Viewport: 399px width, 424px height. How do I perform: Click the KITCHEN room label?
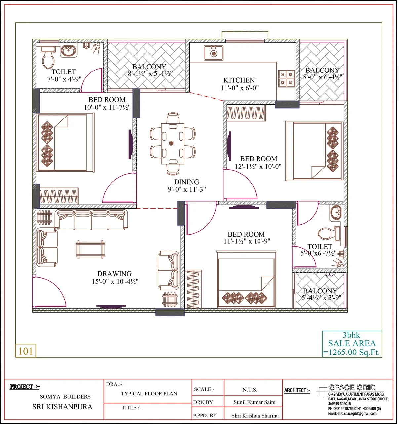pyautogui.click(x=239, y=80)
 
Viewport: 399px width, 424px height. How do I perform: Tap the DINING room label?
pyautogui.click(x=186, y=182)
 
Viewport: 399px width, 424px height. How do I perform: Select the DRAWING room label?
pyautogui.click(x=114, y=274)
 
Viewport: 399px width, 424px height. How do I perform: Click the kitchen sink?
pyautogui.click(x=214, y=53)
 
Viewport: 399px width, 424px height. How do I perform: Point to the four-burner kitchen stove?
pyautogui.click(x=286, y=78)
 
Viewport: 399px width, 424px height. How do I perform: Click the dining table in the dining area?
pyautogui.click(x=173, y=143)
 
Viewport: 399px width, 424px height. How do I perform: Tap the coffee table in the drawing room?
pyautogui.click(x=91, y=249)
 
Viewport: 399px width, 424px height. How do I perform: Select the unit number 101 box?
pyautogui.click(x=25, y=351)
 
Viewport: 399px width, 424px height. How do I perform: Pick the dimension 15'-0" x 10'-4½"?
pyautogui.click(x=115, y=282)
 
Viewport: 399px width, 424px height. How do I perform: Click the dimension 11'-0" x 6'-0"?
pyautogui.click(x=240, y=88)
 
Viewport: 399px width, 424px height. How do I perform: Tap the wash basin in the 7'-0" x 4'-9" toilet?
pyautogui.click(x=69, y=51)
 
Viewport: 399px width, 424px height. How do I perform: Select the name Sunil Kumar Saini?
pyautogui.click(x=255, y=402)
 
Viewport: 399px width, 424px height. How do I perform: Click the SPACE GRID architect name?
pyautogui.click(x=352, y=387)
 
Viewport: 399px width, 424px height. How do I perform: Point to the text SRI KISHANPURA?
pyautogui.click(x=62, y=407)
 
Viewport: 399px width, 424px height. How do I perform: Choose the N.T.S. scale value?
pyautogui.click(x=250, y=390)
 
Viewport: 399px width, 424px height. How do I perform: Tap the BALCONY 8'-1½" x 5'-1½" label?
pyautogui.click(x=150, y=70)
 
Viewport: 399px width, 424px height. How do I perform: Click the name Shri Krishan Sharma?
pyautogui.click(x=255, y=416)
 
